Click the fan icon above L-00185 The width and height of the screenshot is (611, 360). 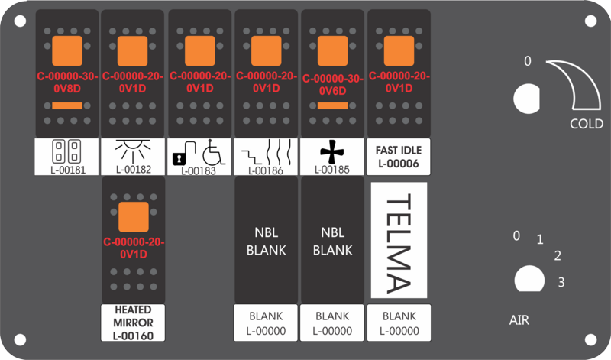pos(332,153)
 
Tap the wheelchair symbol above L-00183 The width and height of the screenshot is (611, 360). pos(214,152)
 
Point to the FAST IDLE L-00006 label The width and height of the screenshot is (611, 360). pos(399,157)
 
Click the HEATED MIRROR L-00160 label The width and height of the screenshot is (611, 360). pos(133,323)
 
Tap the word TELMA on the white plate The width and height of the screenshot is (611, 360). pos(399,245)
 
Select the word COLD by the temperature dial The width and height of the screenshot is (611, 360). pos(587,124)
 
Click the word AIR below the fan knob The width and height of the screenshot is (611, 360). pos(519,320)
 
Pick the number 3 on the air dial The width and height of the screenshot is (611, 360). pos(561,282)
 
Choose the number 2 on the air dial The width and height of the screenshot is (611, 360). pos(558,256)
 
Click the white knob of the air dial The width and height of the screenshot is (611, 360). pos(529,279)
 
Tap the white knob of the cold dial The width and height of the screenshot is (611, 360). pos(527,99)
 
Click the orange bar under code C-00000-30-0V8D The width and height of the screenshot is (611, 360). pos(67,105)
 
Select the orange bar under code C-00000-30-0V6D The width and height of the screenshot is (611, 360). pos(332,105)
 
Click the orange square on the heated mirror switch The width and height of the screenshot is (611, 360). pos(134,217)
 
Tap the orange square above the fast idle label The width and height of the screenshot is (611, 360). pos(399,51)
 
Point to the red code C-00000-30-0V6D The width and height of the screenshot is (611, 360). pos(333,85)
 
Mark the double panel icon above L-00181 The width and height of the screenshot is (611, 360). pos(66,151)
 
